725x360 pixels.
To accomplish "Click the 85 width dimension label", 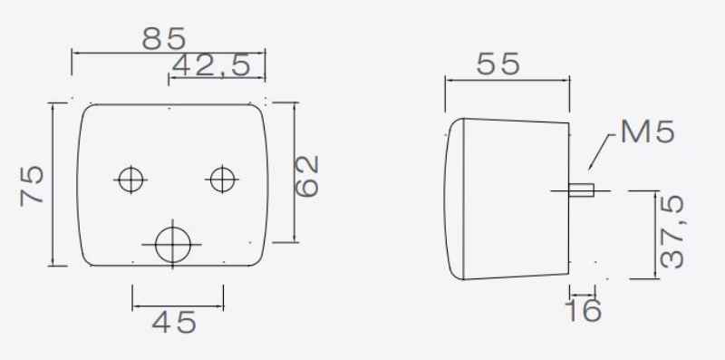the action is (164, 39).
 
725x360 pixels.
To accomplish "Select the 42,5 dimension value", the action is (211, 65).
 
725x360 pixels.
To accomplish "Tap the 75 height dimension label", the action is (33, 186).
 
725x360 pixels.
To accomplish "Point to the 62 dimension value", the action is (307, 176).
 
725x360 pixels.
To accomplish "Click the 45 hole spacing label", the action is (174, 323).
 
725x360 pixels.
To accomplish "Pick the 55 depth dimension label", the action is (498, 63).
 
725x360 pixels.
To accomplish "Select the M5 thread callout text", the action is (647, 131).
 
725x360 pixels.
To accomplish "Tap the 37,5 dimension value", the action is (672, 232).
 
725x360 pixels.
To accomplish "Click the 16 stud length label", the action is (584, 310).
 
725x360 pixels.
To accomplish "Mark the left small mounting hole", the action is (130, 180).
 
